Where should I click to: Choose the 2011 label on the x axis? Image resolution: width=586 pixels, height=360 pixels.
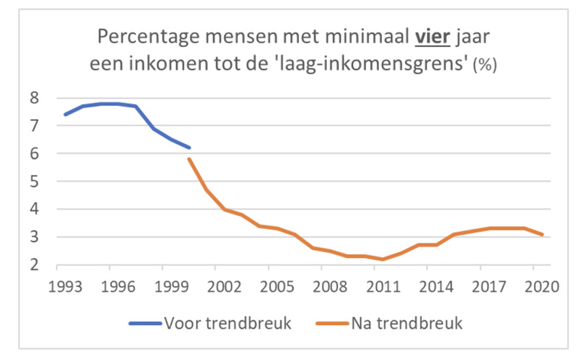tap(384, 286)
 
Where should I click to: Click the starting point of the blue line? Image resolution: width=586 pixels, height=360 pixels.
tap(65, 115)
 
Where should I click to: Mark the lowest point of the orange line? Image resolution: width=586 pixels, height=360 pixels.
tap(383, 260)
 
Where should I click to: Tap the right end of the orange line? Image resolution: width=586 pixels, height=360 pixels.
tap(544, 234)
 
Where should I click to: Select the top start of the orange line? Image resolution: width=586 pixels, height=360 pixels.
tap(189, 159)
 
